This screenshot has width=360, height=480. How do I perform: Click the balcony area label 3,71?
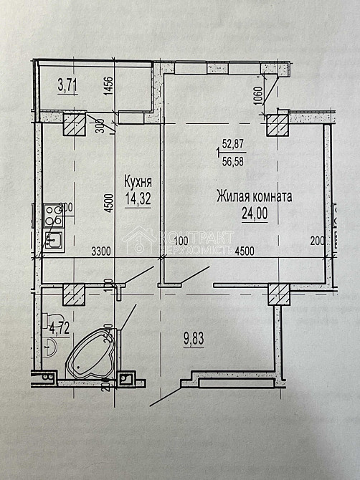67,86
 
